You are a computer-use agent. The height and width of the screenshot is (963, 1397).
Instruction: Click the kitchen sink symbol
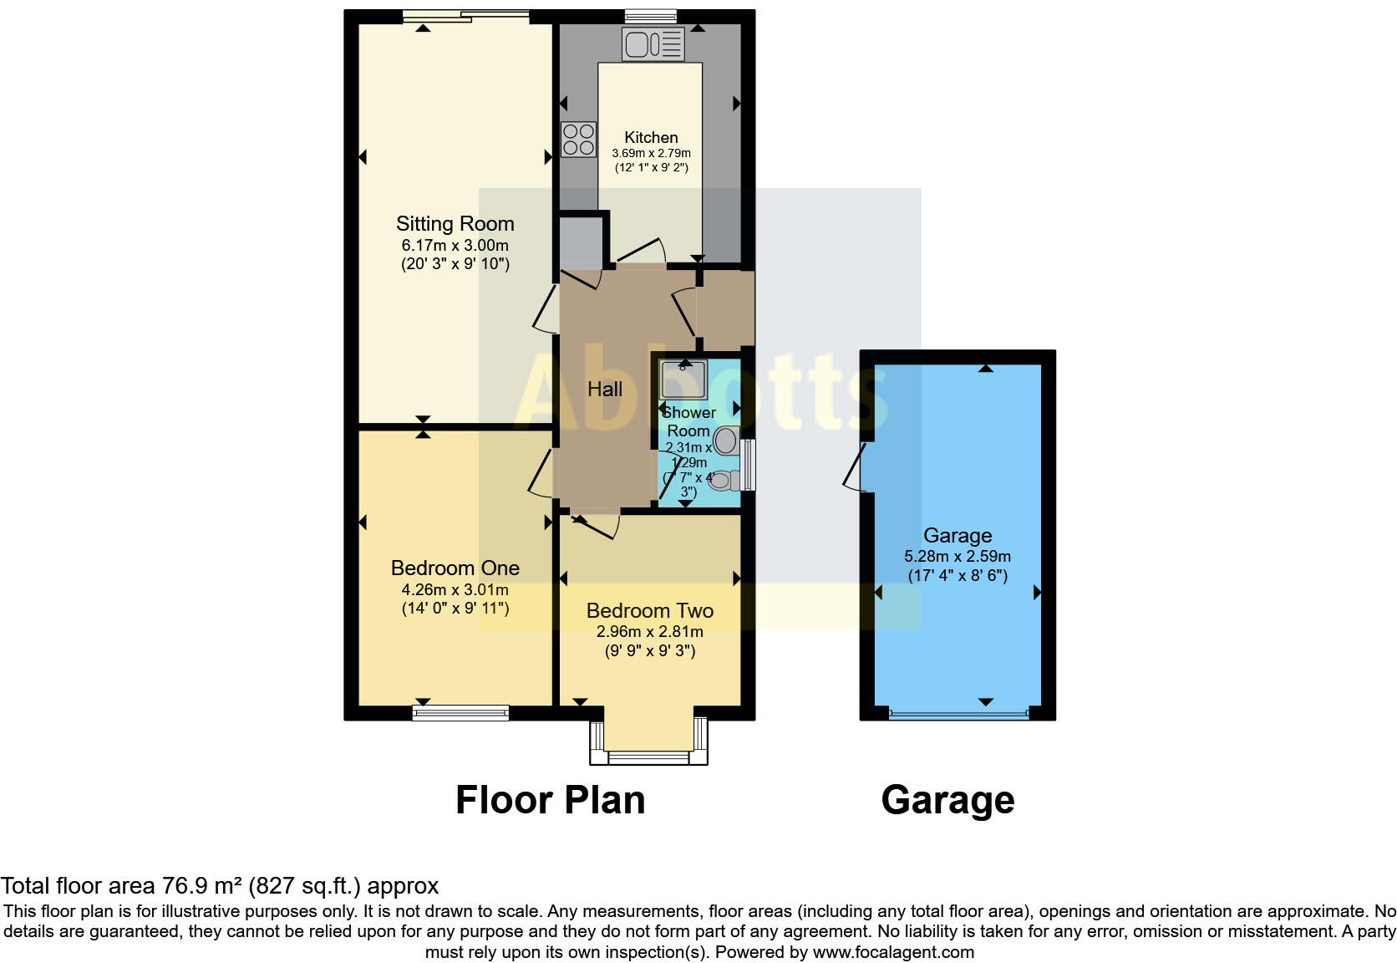click(x=653, y=44)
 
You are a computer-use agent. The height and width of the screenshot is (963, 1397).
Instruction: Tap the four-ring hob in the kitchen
click(x=578, y=140)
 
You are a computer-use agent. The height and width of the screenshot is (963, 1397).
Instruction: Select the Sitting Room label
click(x=455, y=224)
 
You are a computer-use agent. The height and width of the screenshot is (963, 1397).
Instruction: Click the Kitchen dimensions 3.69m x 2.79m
click(x=651, y=154)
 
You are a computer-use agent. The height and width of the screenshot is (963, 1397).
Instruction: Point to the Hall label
click(x=604, y=390)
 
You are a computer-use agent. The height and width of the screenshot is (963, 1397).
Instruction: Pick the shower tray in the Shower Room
click(x=683, y=380)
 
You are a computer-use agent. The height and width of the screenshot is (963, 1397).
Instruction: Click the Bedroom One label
click(x=455, y=568)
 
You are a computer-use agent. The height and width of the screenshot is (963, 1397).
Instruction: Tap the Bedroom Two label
click(x=649, y=611)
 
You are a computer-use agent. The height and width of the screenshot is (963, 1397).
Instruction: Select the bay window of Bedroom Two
click(x=649, y=756)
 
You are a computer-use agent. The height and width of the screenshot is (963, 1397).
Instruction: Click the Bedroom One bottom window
click(x=460, y=713)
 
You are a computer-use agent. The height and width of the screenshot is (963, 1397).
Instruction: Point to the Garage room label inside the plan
click(x=958, y=536)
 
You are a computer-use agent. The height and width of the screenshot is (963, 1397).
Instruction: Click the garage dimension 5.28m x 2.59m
click(x=958, y=557)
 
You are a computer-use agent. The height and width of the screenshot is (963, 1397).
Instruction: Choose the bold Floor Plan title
click(x=550, y=800)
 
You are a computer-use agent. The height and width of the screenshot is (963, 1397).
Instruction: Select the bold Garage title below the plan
click(x=947, y=800)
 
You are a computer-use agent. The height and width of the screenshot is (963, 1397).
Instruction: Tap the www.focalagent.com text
click(x=893, y=952)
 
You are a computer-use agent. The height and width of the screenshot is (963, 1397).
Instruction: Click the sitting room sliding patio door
click(x=465, y=15)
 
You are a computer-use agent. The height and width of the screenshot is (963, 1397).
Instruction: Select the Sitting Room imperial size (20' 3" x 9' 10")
click(x=455, y=264)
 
